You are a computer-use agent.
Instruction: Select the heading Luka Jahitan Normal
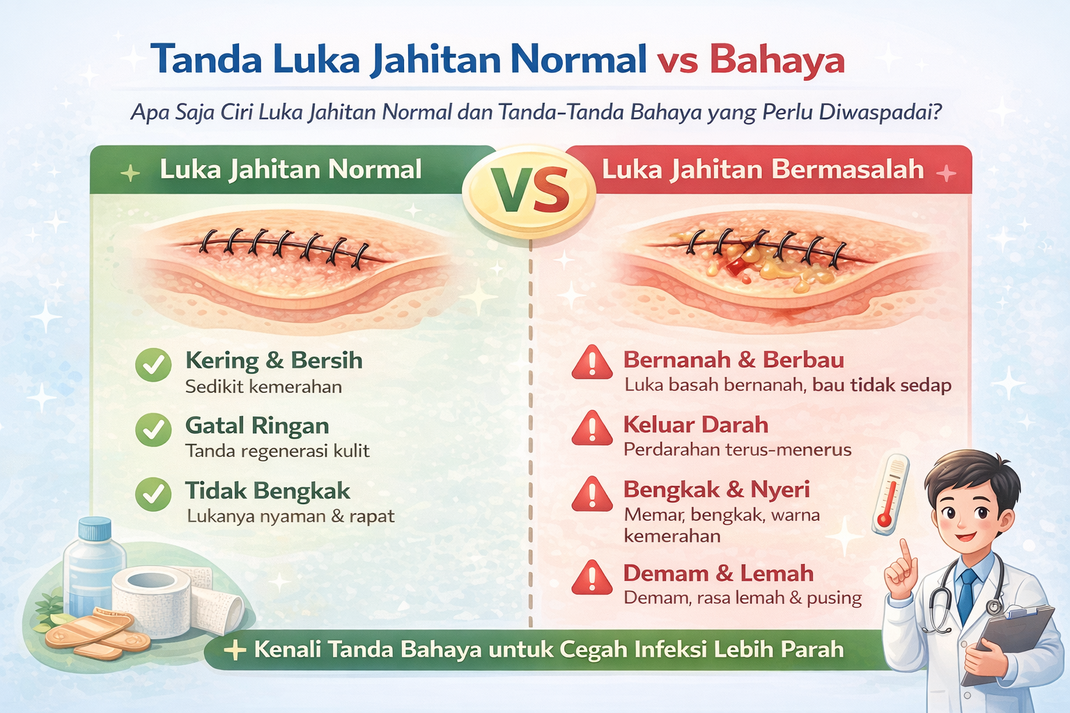[290, 169]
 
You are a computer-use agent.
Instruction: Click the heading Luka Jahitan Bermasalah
[763, 169]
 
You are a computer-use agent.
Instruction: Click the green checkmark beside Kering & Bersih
[153, 365]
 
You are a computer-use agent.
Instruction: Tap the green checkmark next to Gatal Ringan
[153, 430]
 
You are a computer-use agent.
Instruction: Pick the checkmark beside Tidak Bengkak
[153, 495]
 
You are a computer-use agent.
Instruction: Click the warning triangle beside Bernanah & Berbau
[592, 363]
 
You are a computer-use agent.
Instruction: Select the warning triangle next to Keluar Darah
[592, 429]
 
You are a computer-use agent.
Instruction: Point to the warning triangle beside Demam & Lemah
[592, 579]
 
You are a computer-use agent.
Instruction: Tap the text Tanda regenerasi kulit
[277, 451]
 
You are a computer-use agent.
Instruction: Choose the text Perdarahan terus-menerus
[737, 450]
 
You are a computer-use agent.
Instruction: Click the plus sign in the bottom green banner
[235, 650]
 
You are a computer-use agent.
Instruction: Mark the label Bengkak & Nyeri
[716, 489]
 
